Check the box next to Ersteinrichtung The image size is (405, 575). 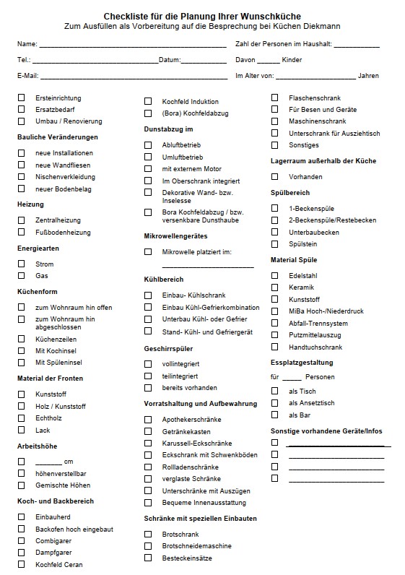22,98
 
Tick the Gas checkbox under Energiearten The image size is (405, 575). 22,275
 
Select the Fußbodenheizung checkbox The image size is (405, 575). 22,232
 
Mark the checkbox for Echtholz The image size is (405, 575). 22,418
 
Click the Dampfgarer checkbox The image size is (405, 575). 22,552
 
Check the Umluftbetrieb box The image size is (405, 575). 148,156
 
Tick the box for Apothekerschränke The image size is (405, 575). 148,418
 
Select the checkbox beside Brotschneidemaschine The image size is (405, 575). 148,545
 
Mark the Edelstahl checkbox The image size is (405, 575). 274,275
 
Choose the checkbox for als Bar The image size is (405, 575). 274,415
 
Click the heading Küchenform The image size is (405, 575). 37,291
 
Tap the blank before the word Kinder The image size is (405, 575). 268,61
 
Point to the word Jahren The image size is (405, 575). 368,75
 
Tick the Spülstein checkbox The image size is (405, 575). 274,244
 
